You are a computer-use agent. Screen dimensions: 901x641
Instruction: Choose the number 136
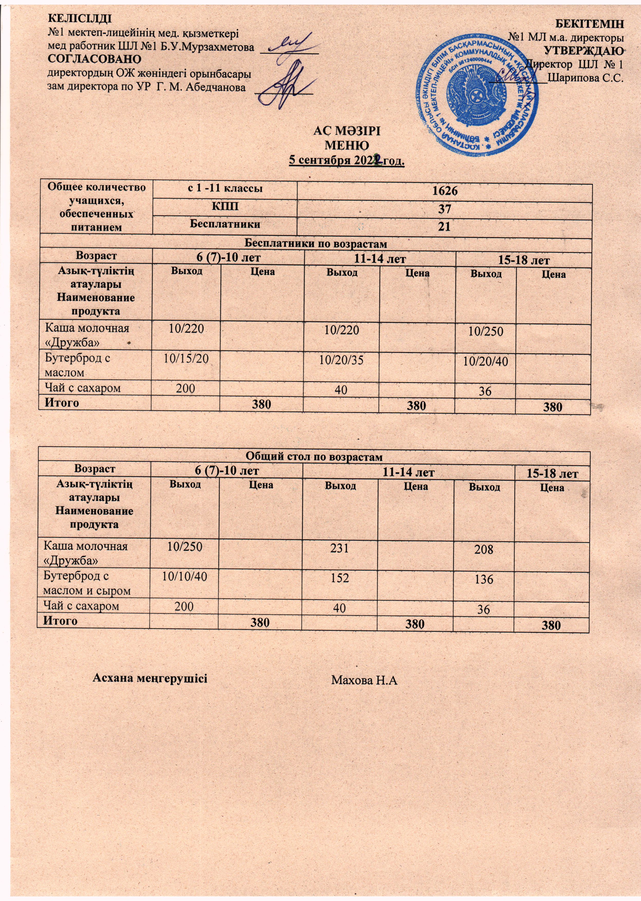point(484,579)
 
